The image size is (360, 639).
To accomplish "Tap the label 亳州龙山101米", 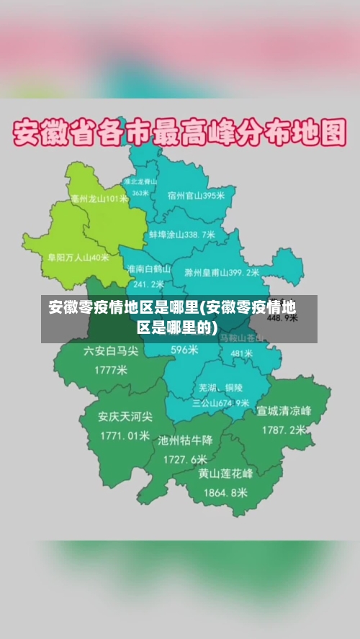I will pos(99,199).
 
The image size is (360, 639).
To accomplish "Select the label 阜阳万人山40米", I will pos(78,257).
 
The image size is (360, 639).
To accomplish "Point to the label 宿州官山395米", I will pos(196,195).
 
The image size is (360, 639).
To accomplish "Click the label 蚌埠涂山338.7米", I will pos(182,235).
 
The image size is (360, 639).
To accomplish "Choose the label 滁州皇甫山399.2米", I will pos(221,273).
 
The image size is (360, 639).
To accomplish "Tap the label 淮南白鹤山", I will pos(149,268).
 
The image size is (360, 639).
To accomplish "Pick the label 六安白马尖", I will pos(110,351).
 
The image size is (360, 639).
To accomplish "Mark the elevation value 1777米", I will pos(110,370).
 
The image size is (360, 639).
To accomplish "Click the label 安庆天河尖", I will pos(125,417).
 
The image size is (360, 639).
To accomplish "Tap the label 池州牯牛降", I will pos(186,440).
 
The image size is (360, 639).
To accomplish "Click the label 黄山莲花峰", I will pos(225,473).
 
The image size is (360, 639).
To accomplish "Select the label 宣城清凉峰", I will pos(284,411).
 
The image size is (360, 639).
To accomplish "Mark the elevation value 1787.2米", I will pos(283,430).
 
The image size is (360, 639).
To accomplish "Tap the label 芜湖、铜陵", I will pos(221,387).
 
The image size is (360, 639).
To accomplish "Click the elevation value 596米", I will pos(184,350).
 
